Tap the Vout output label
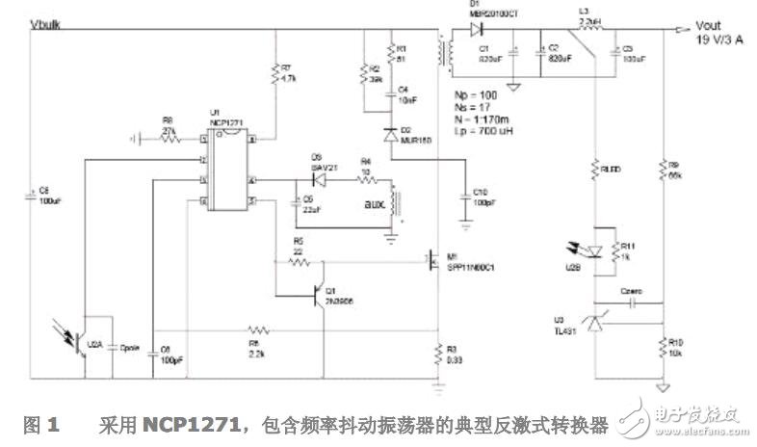click(713, 30)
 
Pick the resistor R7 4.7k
click(277, 72)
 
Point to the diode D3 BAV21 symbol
click(314, 180)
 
